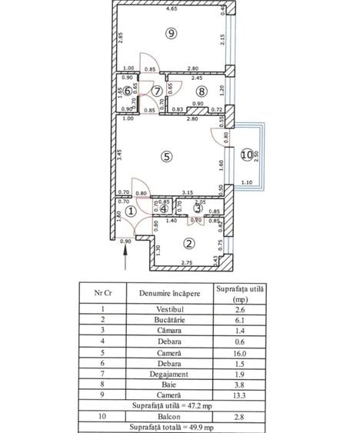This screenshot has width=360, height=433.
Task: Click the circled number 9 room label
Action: coord(171,33)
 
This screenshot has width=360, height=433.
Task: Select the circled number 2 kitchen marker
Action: coord(188,245)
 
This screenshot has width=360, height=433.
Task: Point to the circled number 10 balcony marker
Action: coord(245,155)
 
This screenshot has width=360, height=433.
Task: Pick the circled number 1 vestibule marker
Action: coord(131,211)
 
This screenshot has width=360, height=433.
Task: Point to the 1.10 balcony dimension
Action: coord(245,182)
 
